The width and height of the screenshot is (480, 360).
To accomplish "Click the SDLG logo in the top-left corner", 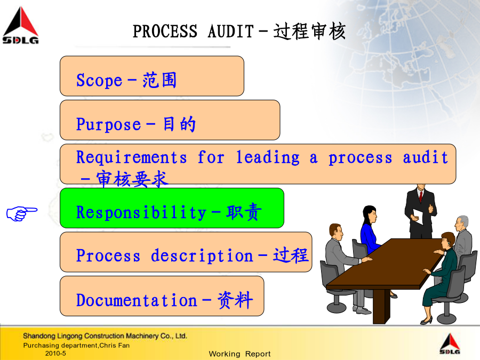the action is [20, 26].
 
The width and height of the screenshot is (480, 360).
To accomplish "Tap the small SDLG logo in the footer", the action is [450, 344].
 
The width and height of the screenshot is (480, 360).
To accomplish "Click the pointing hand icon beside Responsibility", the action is [22, 213].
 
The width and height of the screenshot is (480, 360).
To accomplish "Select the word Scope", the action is [99, 81].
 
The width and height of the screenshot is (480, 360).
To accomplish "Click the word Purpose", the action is [108, 125].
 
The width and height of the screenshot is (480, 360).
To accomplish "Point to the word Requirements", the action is [131, 157].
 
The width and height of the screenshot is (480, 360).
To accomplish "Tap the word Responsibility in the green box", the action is [141, 212].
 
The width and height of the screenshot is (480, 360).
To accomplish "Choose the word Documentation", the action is [137, 300].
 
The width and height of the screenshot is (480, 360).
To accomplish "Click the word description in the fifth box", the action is [202, 256].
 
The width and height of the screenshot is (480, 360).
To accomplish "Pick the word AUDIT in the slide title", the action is [231, 31].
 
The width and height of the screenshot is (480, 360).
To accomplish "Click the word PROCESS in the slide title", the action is [165, 31].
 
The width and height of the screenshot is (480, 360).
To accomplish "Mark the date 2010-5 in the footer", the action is [55, 353].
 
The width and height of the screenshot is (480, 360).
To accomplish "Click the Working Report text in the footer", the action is [239, 354].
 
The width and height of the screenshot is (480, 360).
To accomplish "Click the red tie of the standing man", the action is [421, 196].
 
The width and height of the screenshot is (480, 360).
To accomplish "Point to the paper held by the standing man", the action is [418, 216].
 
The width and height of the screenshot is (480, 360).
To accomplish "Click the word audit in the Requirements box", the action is [426, 157].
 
